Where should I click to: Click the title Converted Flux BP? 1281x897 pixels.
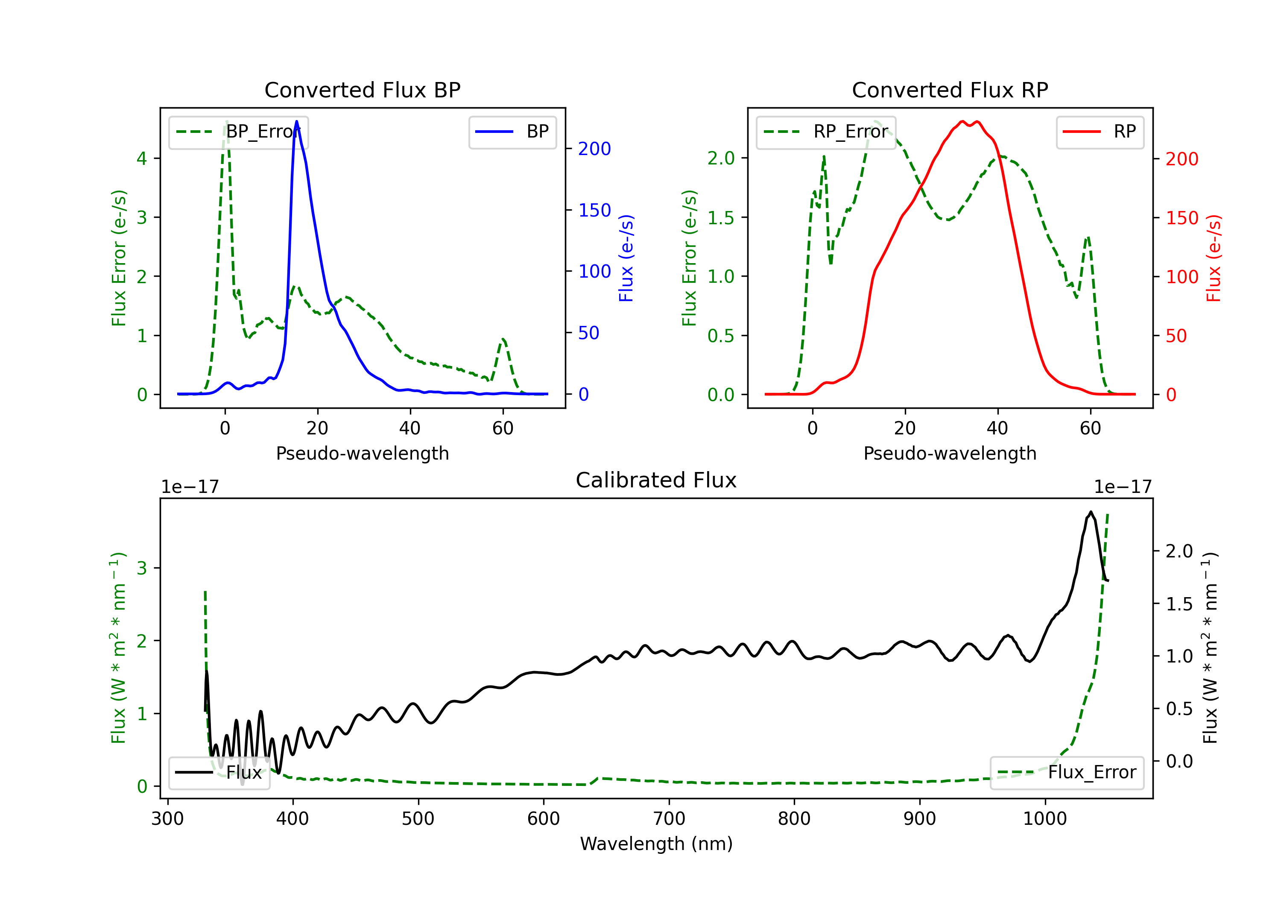pyautogui.click(x=362, y=90)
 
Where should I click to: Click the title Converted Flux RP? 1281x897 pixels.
pyautogui.click(x=950, y=90)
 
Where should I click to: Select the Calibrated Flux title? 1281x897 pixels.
pyautogui.click(x=656, y=480)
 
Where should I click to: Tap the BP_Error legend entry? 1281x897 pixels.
pyautogui.click(x=238, y=132)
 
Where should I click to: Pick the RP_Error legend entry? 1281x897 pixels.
pyautogui.click(x=826, y=132)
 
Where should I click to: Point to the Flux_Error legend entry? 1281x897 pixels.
pyautogui.click(x=1067, y=773)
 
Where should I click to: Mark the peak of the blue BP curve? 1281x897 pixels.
pyautogui.click(x=296, y=121)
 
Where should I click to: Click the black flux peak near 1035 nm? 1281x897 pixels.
pyautogui.click(x=1090, y=512)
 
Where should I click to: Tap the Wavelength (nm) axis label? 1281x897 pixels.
pyautogui.click(x=656, y=844)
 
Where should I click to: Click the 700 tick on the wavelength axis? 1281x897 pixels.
pyautogui.click(x=669, y=819)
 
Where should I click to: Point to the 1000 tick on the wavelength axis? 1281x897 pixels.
pyautogui.click(x=1044, y=819)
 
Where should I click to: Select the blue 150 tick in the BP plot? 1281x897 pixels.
pyautogui.click(x=594, y=211)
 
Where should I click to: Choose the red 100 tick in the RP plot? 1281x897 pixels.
pyautogui.click(x=1182, y=277)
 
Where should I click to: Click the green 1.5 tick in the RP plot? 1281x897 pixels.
pyautogui.click(x=721, y=218)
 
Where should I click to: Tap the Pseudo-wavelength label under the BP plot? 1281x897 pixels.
pyautogui.click(x=362, y=453)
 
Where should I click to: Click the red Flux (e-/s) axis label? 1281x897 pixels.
pyautogui.click(x=1214, y=258)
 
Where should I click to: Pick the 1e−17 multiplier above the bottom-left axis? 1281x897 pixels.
pyautogui.click(x=190, y=487)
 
